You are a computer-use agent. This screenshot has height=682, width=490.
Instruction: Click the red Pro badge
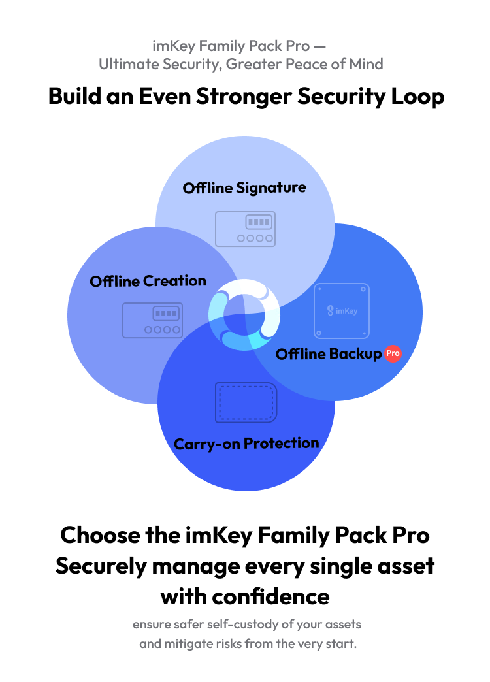coord(393,353)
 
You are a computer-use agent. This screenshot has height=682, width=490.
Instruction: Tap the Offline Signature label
coord(244,188)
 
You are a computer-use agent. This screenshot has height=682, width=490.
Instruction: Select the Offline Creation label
coord(148,281)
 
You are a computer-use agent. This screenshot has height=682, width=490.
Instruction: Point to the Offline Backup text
coord(329,354)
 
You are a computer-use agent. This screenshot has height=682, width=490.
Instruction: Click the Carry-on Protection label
coord(246,444)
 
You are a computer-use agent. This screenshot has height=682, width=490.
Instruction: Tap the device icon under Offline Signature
coord(246,229)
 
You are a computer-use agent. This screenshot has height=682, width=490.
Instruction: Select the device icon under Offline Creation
coord(152,320)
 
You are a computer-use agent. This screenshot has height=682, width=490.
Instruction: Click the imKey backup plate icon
coord(342,310)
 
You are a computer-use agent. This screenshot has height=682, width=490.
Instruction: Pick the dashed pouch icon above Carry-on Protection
coord(246,402)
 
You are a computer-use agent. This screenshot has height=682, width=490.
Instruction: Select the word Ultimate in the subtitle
coord(129,65)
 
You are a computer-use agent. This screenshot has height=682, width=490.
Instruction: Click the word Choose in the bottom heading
coord(100,535)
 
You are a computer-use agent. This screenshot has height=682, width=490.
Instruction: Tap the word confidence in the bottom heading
coord(270,596)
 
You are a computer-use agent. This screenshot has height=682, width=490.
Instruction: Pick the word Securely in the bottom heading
coord(101,566)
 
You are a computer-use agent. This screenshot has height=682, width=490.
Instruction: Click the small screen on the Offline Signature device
coord(259,222)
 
